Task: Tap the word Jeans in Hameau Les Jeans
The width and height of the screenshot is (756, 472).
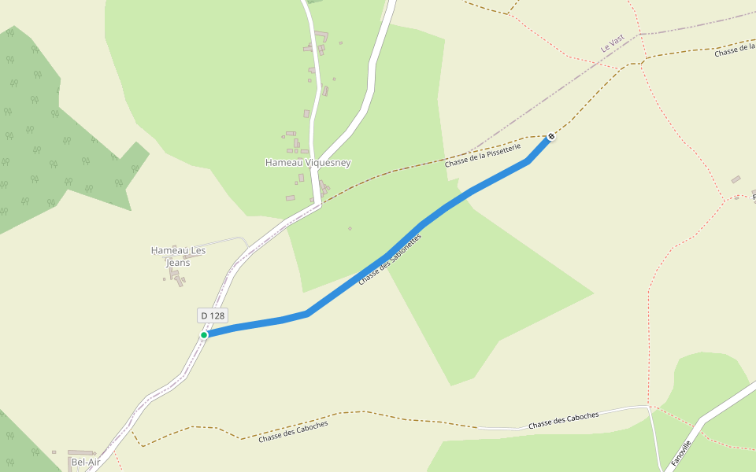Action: (178, 263)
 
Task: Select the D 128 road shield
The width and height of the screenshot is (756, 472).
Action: (213, 315)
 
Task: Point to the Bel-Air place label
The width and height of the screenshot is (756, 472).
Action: (85, 463)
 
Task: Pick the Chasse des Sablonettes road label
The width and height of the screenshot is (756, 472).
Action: (390, 259)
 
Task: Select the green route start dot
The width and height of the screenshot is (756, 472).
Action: (204, 335)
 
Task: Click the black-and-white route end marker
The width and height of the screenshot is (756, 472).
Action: (551, 136)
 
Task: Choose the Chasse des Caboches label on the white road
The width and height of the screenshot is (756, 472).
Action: (563, 420)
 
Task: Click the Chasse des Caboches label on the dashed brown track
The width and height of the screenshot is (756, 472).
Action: (293, 431)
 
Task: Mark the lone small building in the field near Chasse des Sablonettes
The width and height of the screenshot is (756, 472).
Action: (350, 229)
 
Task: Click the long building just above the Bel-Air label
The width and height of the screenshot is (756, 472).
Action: (80, 452)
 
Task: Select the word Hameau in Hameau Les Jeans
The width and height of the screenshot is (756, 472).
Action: (168, 250)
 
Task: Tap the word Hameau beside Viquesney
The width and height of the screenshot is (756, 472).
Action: (282, 163)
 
